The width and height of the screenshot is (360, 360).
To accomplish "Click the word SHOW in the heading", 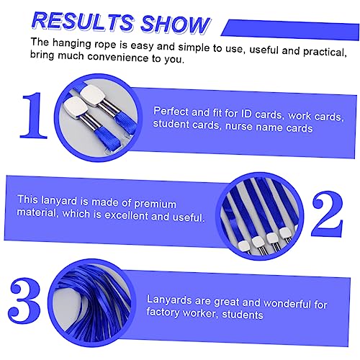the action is (x=175, y=24).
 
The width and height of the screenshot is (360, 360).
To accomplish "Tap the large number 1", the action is (x=35, y=115).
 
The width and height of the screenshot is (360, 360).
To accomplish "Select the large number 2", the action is (x=328, y=214).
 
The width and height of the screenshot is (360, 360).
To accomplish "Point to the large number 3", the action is (x=24, y=300).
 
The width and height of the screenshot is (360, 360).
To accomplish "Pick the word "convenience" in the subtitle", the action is (x=117, y=57).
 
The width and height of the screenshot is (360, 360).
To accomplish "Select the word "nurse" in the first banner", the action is (x=239, y=126).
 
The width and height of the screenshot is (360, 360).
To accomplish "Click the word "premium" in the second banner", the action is (x=155, y=204).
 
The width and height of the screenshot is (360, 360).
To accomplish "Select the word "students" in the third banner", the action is (x=243, y=315).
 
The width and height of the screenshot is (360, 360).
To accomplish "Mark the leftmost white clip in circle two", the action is (x=244, y=246).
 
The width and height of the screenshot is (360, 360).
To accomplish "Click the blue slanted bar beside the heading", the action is (x=290, y=30).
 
